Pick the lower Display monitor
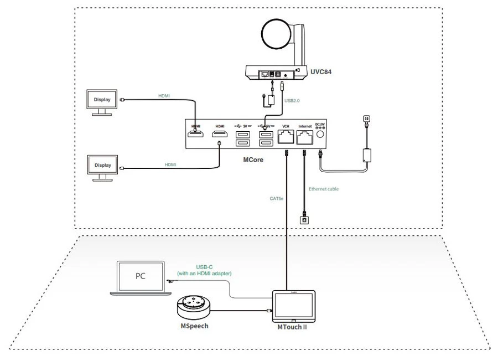(102, 166)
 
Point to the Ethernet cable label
(323, 189)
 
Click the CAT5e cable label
(277, 197)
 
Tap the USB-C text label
(204, 266)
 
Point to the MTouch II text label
(292, 328)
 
